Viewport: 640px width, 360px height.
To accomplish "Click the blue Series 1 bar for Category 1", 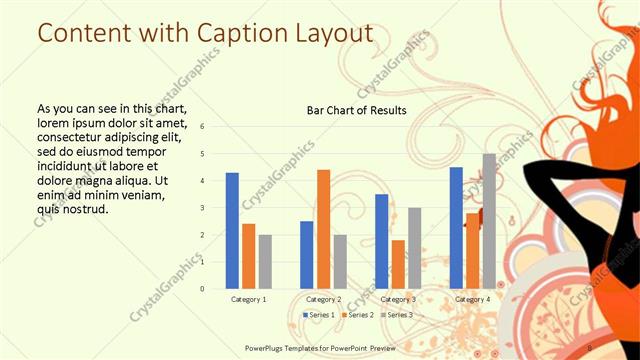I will [x=232, y=231].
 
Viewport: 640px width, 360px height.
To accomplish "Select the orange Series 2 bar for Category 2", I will [x=323, y=229].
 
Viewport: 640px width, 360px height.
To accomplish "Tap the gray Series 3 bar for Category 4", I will [x=489, y=221].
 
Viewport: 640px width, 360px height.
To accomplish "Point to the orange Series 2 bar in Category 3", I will [x=398, y=264].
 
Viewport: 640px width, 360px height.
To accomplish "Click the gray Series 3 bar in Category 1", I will [x=265, y=261].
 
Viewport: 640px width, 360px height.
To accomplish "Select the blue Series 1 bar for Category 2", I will [x=306, y=255].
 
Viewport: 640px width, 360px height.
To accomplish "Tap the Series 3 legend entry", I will [x=397, y=315].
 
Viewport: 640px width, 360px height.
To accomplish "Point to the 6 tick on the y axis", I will [x=202, y=127].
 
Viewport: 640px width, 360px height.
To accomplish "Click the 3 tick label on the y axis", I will [x=202, y=208].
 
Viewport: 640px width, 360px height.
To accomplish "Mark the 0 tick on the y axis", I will [x=202, y=289].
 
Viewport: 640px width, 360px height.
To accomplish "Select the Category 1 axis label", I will [x=248, y=299].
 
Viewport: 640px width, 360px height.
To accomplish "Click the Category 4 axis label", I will [x=472, y=299].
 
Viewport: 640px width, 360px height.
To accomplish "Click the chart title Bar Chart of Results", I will [x=356, y=110].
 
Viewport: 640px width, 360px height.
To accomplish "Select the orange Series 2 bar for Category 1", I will [x=248, y=256].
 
